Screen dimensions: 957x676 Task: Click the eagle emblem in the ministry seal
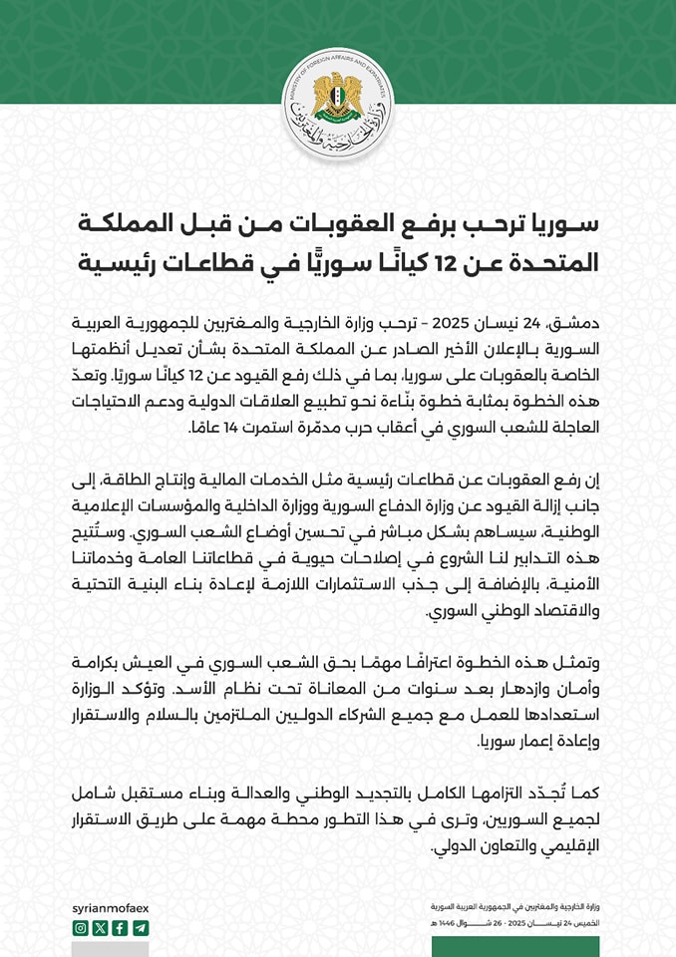click(337, 98)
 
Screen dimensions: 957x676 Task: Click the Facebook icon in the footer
click(121, 927)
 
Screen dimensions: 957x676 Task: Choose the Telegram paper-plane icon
click(141, 927)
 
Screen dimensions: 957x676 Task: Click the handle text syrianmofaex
click(112, 906)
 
